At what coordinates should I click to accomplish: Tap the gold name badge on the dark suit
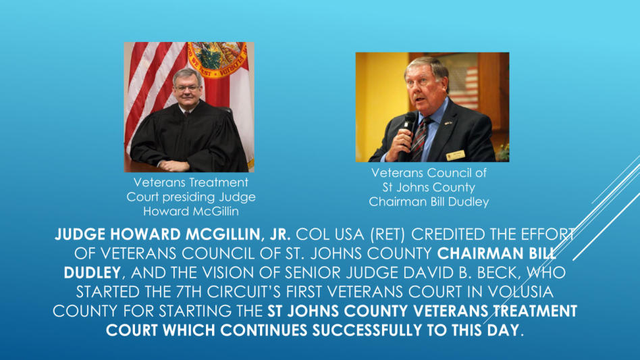coord(456,155)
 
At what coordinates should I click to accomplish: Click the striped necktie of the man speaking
coord(420,139)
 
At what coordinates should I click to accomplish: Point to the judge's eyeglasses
coord(187,88)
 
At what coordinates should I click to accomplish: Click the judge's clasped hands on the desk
coord(174,165)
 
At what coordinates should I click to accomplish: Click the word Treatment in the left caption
coord(219,182)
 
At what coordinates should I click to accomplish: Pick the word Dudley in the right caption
coord(468,202)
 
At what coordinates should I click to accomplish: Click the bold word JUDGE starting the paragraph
coord(80,234)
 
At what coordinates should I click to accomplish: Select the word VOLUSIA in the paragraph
coord(521,291)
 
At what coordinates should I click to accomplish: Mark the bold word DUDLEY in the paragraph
coord(92,272)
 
